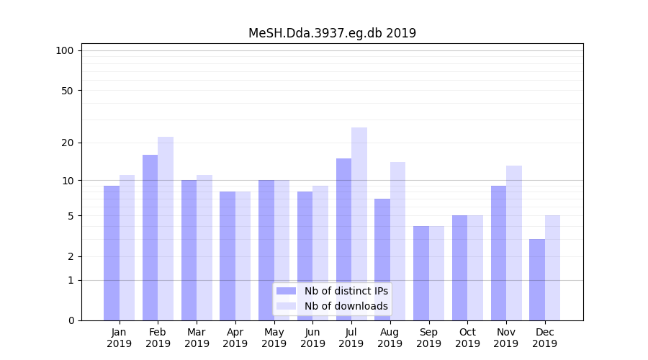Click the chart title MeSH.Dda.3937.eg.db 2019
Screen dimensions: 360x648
pyautogui.click(x=332, y=33)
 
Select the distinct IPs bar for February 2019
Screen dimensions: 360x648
pyautogui.click(x=150, y=238)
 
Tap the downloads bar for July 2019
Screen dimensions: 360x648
pyautogui.click(x=359, y=224)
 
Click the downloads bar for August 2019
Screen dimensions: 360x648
pyautogui.click(x=398, y=241)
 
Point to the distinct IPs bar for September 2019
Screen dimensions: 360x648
pyautogui.click(x=421, y=273)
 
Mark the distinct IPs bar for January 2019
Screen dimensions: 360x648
pyautogui.click(x=112, y=253)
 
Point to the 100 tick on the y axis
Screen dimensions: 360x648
pyautogui.click(x=65, y=50)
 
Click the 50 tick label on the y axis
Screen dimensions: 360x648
pyautogui.click(x=67, y=91)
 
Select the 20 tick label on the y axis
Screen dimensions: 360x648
pyautogui.click(x=67, y=143)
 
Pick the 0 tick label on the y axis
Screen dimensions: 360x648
pyautogui.click(x=71, y=320)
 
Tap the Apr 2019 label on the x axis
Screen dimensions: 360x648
pyautogui.click(x=235, y=338)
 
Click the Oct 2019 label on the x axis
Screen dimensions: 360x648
pyautogui.click(x=467, y=338)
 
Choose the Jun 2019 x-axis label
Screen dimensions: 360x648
pyautogui.click(x=312, y=338)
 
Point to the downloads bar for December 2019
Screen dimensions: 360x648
pyautogui.click(x=553, y=268)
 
